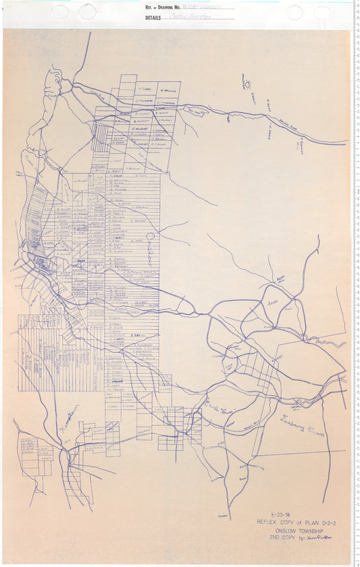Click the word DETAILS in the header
click(153, 18)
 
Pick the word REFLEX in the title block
click(267, 522)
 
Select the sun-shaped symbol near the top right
click(249, 85)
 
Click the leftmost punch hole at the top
click(59, 11)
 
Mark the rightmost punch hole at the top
click(322, 12)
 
